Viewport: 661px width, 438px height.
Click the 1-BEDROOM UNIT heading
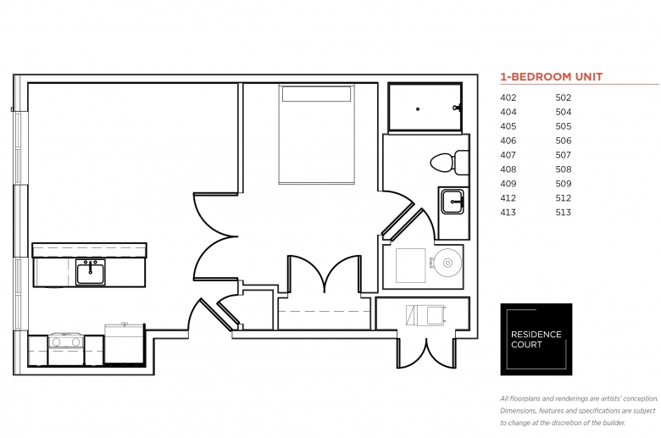click(552, 77)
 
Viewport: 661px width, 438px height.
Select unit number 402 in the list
click(508, 97)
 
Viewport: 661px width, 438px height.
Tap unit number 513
click(564, 213)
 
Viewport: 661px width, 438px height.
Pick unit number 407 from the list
click(508, 155)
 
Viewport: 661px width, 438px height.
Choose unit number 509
click(564, 184)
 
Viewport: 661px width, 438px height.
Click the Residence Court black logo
click(536, 340)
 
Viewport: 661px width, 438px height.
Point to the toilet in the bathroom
click(449, 163)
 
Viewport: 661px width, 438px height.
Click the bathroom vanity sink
click(453, 202)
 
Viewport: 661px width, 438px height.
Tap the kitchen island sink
click(91, 272)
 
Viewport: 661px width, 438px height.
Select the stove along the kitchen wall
click(66, 349)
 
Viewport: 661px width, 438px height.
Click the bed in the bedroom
click(317, 135)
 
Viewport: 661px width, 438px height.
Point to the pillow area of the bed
click(317, 94)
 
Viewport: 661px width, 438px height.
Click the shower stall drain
click(418, 109)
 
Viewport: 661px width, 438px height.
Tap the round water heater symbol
click(447, 263)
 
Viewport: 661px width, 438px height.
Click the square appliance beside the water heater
click(411, 265)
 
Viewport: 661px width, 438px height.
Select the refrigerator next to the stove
click(125, 343)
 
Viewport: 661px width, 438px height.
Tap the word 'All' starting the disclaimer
click(504, 398)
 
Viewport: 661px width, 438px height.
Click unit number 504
click(564, 112)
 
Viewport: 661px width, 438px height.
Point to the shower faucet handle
click(457, 108)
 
